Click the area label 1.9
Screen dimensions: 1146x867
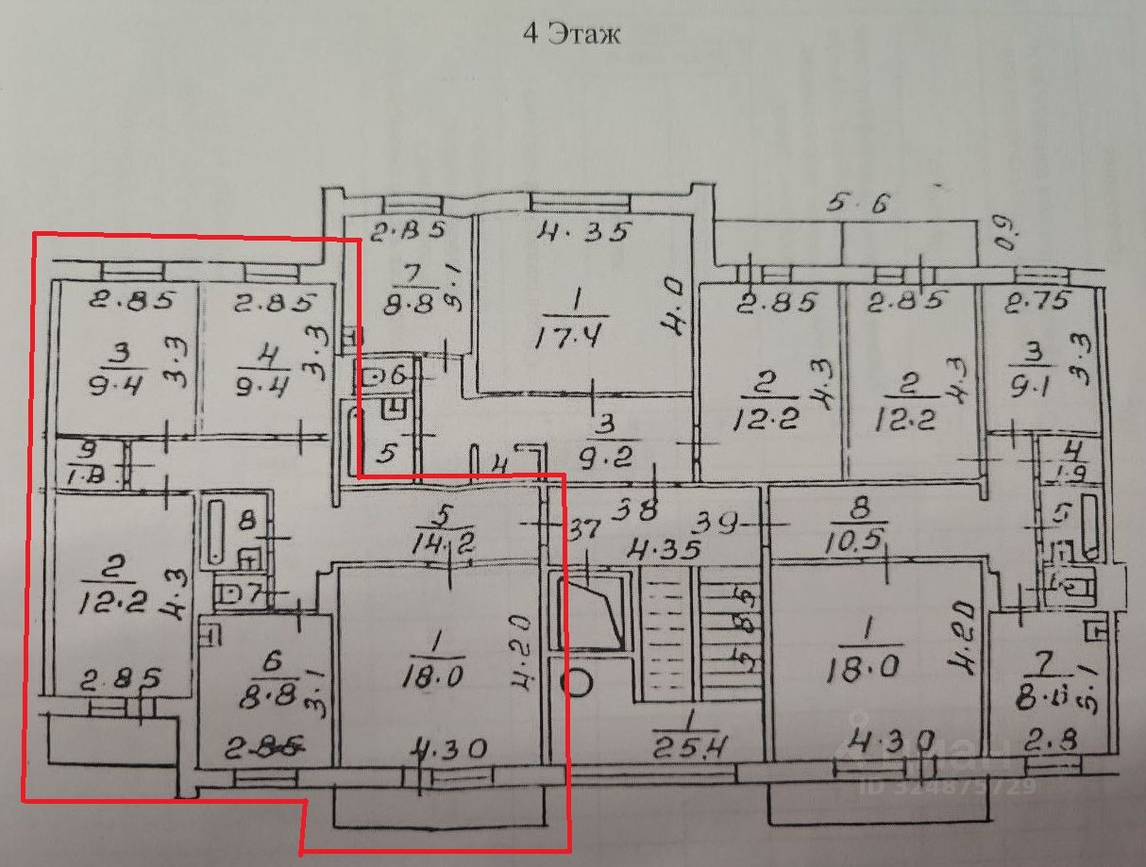[x=1072, y=474]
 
